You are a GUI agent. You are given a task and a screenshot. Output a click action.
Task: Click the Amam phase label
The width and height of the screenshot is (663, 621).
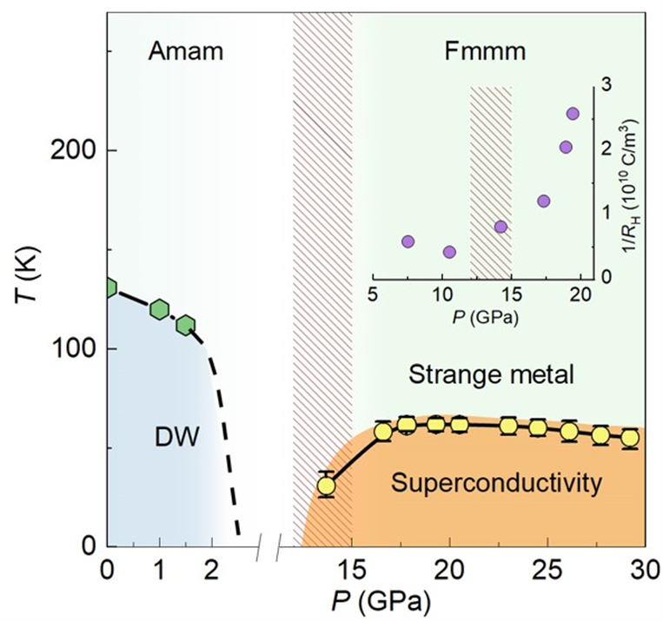(186, 50)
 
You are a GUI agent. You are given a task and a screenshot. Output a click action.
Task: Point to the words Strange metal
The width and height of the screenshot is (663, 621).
(491, 376)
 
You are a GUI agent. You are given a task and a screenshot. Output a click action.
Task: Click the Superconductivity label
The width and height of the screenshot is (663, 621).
(496, 483)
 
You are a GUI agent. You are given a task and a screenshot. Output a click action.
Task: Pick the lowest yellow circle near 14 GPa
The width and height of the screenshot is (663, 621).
(326, 486)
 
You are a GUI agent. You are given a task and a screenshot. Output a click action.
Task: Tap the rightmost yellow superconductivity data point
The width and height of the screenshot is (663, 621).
(629, 438)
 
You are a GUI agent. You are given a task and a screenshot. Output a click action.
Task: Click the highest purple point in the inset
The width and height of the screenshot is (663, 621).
(573, 113)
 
